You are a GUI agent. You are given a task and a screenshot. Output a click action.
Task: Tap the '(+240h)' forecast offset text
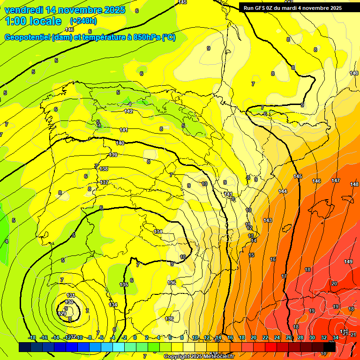coord(84,21)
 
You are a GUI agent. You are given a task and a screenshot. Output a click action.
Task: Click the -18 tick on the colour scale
coord(32,337)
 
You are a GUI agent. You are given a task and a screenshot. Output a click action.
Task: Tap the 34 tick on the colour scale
coord(336,337)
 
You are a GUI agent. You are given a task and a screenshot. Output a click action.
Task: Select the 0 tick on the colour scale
coord(135,337)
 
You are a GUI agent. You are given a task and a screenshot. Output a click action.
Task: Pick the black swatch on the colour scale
coord(330,347)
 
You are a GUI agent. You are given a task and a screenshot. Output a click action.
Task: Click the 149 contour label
coord(348,262)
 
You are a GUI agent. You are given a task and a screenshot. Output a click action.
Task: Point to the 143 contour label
coord(268,220)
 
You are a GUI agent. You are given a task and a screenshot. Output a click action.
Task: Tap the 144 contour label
coord(283,191)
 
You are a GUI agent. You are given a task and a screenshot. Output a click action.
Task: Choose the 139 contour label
coord(113,155)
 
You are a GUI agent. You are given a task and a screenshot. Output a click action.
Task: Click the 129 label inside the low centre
coord(62,313)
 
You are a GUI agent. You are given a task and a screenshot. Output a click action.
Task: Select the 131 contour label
coord(71,295)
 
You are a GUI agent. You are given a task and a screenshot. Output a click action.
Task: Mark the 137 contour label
coord(104,182)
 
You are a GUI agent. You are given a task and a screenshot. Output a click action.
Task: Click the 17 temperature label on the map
coord(284,276)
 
